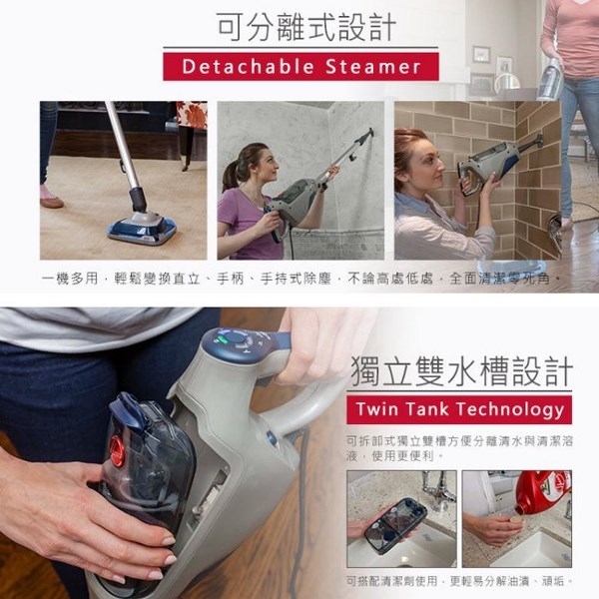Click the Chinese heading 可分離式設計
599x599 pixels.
click(x=299, y=25)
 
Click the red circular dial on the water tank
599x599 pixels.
click(x=118, y=451)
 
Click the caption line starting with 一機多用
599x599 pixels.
click(x=299, y=275)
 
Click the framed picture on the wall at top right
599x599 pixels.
click(x=482, y=54)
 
